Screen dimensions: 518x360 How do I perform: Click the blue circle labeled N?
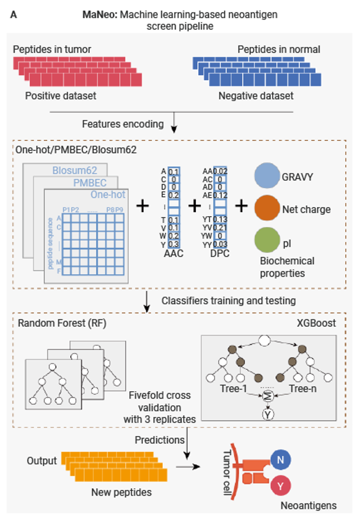(x=280, y=460)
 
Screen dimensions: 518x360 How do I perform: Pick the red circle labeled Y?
(x=280, y=484)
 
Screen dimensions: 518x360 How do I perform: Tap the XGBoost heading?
(x=317, y=324)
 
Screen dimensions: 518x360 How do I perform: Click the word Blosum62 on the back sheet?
(x=75, y=170)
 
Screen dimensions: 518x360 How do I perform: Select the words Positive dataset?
(x=61, y=96)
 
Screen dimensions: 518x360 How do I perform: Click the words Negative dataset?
(x=256, y=96)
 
